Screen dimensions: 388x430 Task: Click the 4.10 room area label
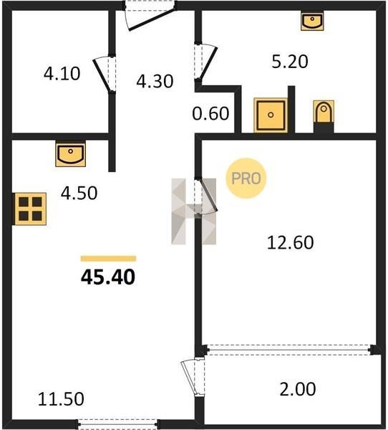tap(62, 74)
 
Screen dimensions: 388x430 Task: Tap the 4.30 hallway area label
tap(155, 81)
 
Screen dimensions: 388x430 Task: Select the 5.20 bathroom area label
tap(290, 62)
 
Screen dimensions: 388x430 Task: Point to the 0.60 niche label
tap(210, 113)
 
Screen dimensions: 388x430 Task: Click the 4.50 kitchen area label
tap(79, 193)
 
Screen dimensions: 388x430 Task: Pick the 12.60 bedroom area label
tap(290, 243)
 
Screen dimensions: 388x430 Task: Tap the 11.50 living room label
tap(61, 399)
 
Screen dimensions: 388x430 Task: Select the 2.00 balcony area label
tap(298, 389)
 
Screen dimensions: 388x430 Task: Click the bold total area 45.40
tap(108, 277)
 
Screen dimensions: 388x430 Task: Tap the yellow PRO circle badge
tap(246, 178)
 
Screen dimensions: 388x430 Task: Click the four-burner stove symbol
tap(30, 209)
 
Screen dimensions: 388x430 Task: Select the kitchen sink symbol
tap(70, 153)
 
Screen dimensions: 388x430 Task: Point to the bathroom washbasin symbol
tap(312, 21)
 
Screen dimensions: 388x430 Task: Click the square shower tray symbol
tap(271, 115)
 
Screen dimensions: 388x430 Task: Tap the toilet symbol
tap(324, 112)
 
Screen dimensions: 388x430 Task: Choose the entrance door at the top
tap(150, 15)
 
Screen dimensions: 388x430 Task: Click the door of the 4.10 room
tap(105, 74)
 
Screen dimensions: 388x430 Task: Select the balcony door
tap(193, 377)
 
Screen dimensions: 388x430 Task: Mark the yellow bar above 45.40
tap(109, 259)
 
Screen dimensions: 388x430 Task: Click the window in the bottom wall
tap(117, 423)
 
